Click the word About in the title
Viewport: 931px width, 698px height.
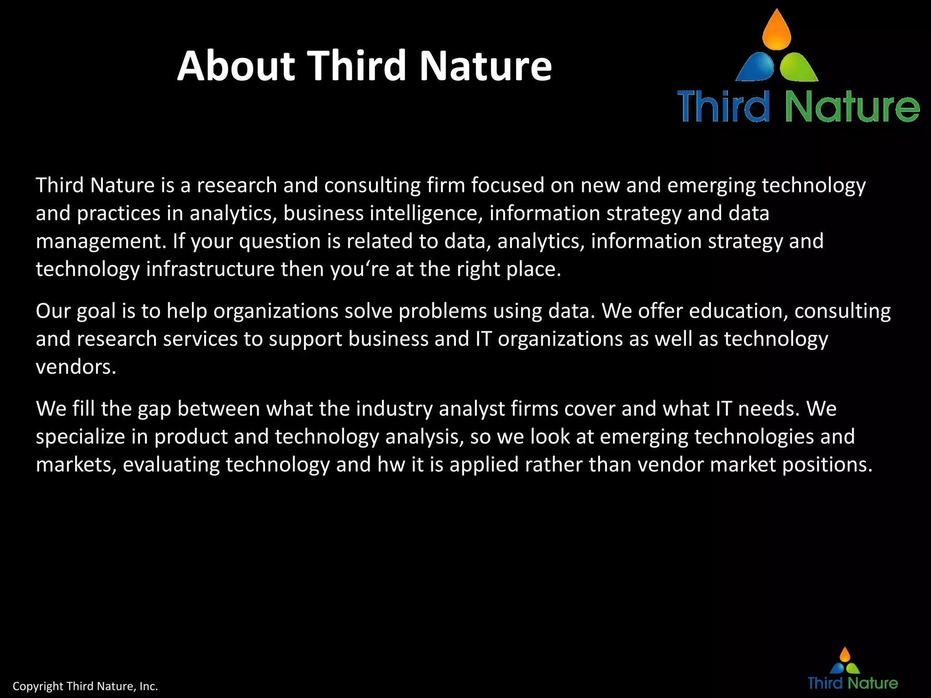pos(235,66)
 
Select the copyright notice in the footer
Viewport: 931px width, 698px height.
pos(85,686)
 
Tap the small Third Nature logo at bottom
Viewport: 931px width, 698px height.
pos(852,670)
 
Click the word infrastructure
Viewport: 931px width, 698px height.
pos(210,269)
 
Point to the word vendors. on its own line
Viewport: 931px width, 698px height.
pos(76,367)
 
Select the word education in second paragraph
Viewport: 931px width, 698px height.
pos(738,311)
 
